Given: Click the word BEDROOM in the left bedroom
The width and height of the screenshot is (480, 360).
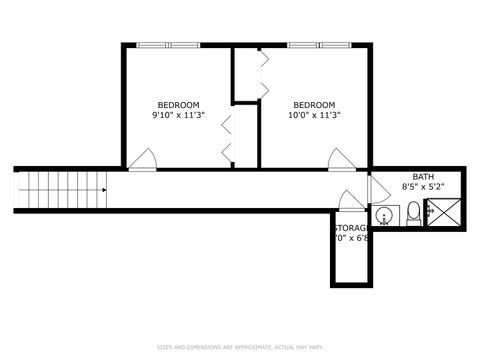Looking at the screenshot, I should click(x=178, y=105).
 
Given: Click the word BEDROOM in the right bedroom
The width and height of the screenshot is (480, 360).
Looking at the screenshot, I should click(x=313, y=105).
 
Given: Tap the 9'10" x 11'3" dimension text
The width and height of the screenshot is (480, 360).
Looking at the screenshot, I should click(x=178, y=115).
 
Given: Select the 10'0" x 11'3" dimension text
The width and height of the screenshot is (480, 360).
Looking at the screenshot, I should click(x=314, y=115).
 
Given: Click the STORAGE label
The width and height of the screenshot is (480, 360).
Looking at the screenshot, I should click(x=351, y=229).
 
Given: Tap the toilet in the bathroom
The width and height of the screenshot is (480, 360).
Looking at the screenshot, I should click(x=413, y=214).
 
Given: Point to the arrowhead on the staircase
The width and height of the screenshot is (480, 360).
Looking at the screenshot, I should click(x=103, y=188).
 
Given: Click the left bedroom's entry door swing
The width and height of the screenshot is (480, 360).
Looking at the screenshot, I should click(x=143, y=159).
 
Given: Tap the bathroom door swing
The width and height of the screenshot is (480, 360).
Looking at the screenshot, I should click(x=378, y=189).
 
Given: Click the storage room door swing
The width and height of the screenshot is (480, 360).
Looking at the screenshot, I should click(x=352, y=200).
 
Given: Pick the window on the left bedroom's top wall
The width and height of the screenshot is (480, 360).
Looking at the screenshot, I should click(x=168, y=44).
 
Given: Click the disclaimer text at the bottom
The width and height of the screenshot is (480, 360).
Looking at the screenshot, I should click(x=239, y=347).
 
